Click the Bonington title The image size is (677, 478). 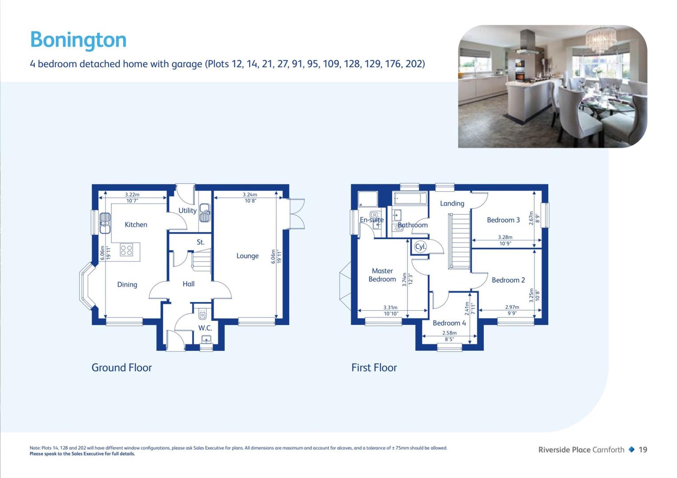tap(78, 40)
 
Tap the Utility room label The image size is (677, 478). tap(188, 211)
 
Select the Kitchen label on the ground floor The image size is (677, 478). tap(136, 224)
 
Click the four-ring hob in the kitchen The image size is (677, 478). tap(126, 250)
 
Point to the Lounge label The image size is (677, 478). tap(247, 256)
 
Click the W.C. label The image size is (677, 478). tap(205, 328)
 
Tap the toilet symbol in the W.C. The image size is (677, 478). tap(203, 314)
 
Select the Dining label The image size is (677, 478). tap(127, 285)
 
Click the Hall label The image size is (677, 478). tap(188, 284)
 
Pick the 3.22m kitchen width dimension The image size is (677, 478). tap(133, 195)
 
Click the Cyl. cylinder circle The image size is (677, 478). tap(420, 247)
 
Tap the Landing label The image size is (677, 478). tap(452, 204)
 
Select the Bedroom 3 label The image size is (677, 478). tap(503, 220)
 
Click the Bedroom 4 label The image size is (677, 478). tap(449, 323)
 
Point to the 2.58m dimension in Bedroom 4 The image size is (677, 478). tap(450, 333)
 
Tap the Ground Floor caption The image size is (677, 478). tap(121, 367)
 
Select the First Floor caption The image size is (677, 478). tap(374, 367)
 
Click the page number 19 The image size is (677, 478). tap(643, 450)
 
